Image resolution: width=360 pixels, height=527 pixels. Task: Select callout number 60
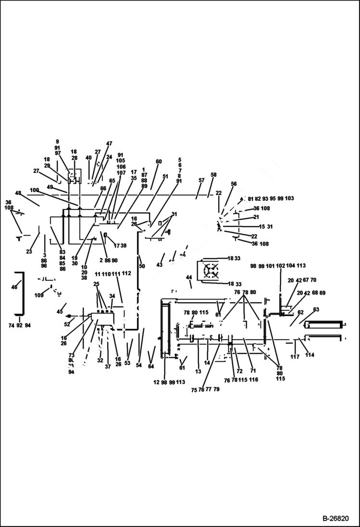pos(159,162)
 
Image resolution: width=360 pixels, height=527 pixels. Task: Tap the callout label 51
pos(165,177)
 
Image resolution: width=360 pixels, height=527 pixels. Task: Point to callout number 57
pos(201,181)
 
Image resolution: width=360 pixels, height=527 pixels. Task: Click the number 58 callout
pos(214,175)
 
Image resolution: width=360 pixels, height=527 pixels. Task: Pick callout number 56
pos(234,184)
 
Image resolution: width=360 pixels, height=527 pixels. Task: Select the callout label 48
pos(18,193)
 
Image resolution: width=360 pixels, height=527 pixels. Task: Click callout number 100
pos(34,190)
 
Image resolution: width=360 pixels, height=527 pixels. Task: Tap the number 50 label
pos(142,266)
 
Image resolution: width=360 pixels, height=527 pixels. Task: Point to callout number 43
pos(160,265)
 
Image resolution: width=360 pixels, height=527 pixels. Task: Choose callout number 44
pos(189,278)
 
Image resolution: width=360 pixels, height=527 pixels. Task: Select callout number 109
pos(38,295)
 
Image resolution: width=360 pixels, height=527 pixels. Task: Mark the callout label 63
pos(316,310)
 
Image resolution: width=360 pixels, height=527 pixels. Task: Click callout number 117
pos(295,357)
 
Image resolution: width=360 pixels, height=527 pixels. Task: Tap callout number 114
pos(310,355)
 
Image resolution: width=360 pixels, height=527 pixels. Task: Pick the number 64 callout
pos(151,367)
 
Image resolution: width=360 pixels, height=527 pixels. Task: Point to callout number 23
pos(29,251)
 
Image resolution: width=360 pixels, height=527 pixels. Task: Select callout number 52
pos(67,324)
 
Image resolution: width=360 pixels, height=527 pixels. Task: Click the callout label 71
pos(253,371)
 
